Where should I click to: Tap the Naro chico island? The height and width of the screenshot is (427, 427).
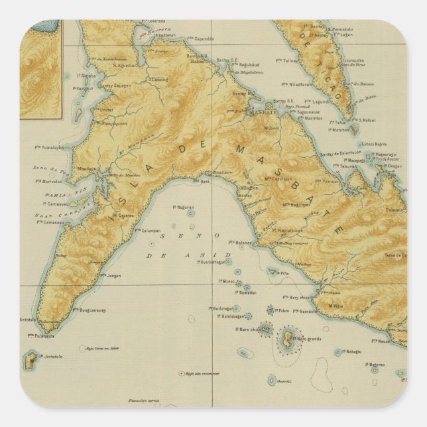pyautogui.click(x=265, y=329)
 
